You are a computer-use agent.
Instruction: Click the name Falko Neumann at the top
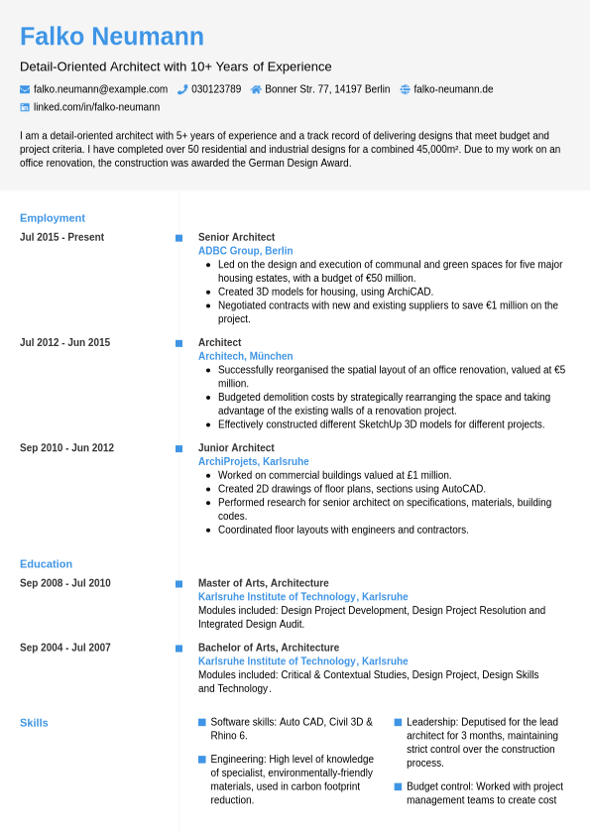point(112,37)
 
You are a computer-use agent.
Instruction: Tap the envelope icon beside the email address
point(25,89)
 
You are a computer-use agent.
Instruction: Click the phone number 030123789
point(216,89)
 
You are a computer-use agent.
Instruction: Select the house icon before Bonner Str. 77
point(256,89)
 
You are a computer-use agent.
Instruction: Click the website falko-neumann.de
point(453,89)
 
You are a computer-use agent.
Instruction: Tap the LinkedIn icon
point(25,107)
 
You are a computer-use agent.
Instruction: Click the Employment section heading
point(53,218)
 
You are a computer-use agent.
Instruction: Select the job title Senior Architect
point(236,237)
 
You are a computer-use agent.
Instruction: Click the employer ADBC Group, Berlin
point(245,251)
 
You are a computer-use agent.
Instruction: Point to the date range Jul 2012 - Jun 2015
point(64,342)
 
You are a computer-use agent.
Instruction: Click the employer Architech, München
point(245,356)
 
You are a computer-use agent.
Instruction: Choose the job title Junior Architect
point(236,447)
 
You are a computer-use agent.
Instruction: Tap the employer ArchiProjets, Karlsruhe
point(253,461)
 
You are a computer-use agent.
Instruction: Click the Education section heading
point(46,564)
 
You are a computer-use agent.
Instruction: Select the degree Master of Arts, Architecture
point(263,583)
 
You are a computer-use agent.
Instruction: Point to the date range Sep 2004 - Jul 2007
point(64,648)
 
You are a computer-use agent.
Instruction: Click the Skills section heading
point(34,723)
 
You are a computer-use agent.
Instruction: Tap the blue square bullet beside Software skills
point(202,722)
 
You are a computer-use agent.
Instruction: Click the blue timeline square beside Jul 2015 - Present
point(179,238)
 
